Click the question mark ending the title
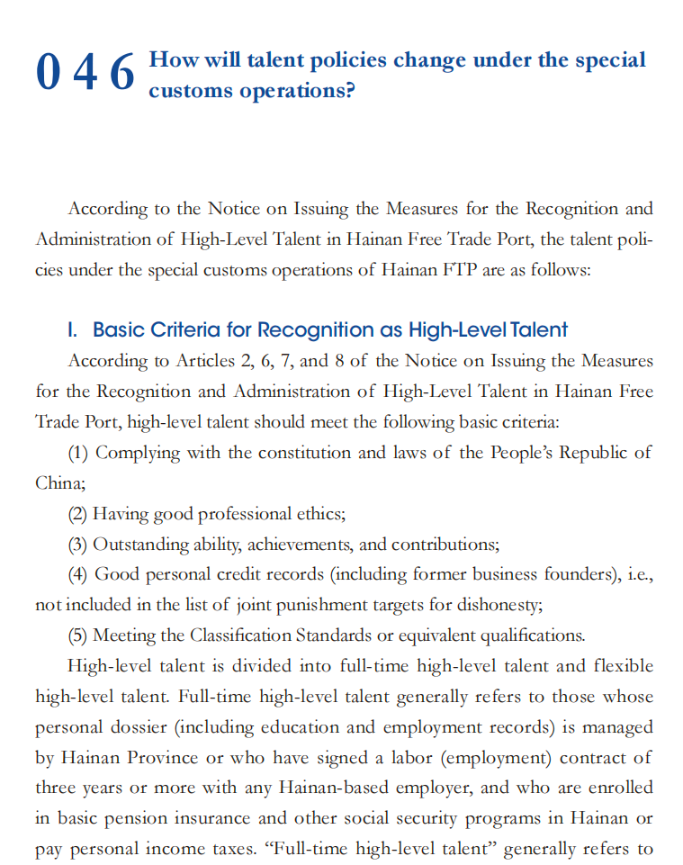tap(349, 91)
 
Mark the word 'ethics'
tap(321, 514)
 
